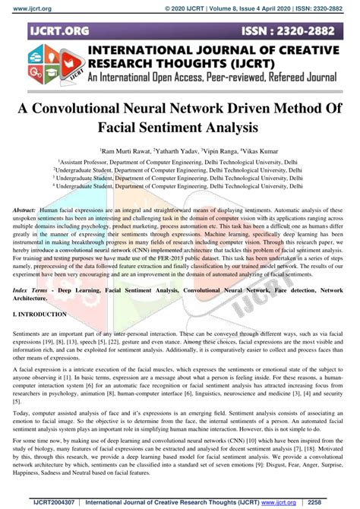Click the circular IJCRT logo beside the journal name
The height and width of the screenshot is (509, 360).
pos(46,70)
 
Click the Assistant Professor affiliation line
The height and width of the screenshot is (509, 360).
pos(179,163)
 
